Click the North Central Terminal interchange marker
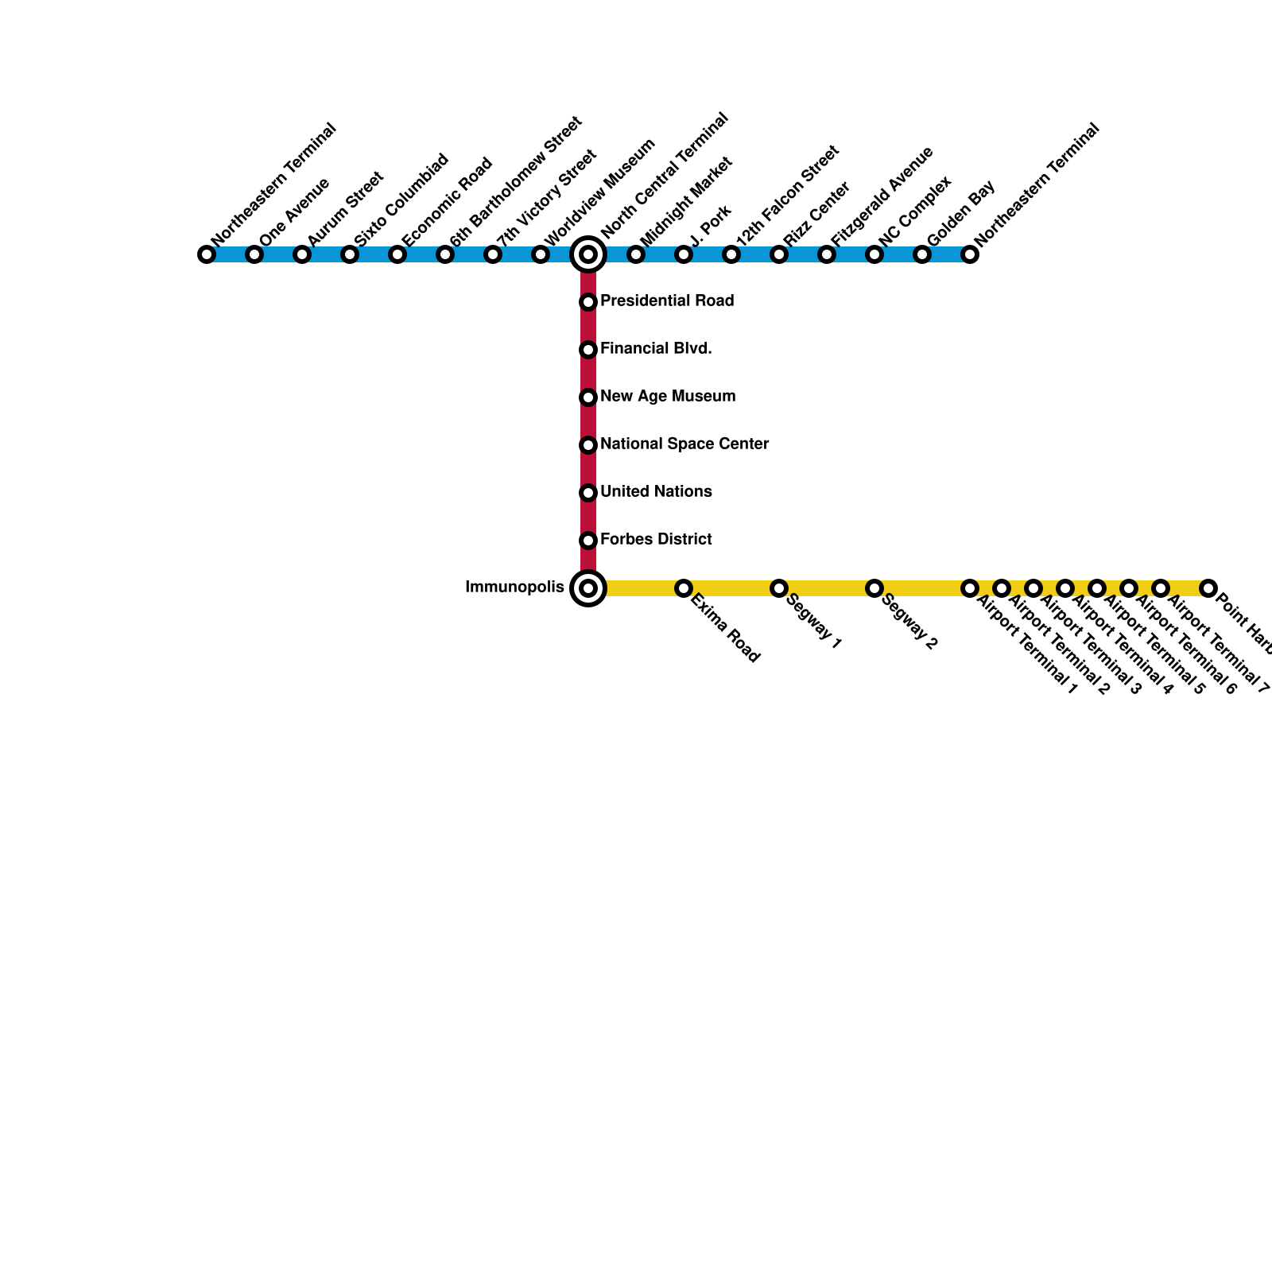coord(588,254)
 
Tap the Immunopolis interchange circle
coord(588,588)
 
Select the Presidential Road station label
coord(666,301)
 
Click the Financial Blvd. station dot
coord(588,350)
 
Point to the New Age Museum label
coord(668,397)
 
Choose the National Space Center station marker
coord(588,445)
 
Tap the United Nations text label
coord(656,492)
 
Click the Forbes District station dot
coord(588,541)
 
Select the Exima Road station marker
coord(684,588)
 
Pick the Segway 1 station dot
coord(779,588)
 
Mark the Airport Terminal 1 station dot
coord(970,588)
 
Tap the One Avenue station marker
coord(254,254)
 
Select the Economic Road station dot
coord(397,254)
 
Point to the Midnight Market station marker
coord(636,254)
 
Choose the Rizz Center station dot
coord(779,254)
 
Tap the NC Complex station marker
coord(874,254)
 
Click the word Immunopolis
coord(514,588)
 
